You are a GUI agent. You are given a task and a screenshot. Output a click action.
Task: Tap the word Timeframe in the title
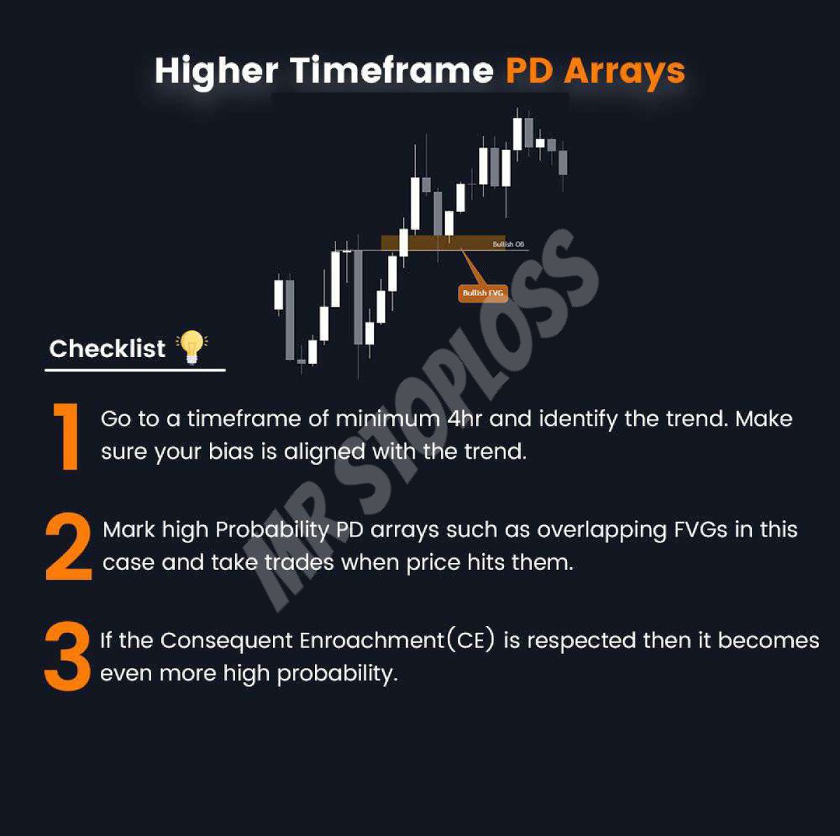(392, 71)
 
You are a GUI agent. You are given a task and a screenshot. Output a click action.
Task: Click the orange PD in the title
(529, 71)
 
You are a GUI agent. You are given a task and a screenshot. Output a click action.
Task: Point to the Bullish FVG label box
(483, 293)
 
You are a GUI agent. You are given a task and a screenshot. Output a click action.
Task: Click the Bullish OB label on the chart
(508, 244)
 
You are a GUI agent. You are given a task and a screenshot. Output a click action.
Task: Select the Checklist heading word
(107, 349)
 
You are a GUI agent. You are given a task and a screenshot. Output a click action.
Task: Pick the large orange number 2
(69, 547)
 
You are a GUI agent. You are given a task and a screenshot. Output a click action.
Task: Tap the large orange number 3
(68, 657)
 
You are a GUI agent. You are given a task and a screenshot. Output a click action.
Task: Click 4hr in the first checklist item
(464, 419)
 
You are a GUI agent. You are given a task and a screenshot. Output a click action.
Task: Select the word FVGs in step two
(701, 530)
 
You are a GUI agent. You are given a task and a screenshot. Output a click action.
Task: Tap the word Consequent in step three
(226, 641)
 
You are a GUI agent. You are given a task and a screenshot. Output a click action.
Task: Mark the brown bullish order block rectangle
(442, 242)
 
